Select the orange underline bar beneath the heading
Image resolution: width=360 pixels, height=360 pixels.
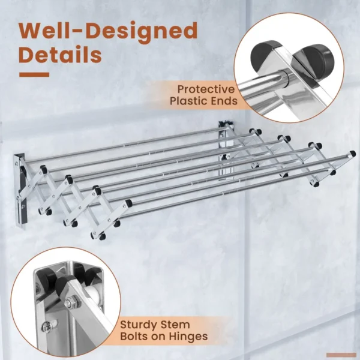(x=34, y=74)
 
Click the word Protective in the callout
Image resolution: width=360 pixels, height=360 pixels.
(x=206, y=89)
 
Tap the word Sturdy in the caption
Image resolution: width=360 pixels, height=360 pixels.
(x=139, y=325)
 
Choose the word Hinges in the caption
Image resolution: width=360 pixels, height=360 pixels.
(x=188, y=337)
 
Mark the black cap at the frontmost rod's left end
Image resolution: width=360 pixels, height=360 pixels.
(x=128, y=203)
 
